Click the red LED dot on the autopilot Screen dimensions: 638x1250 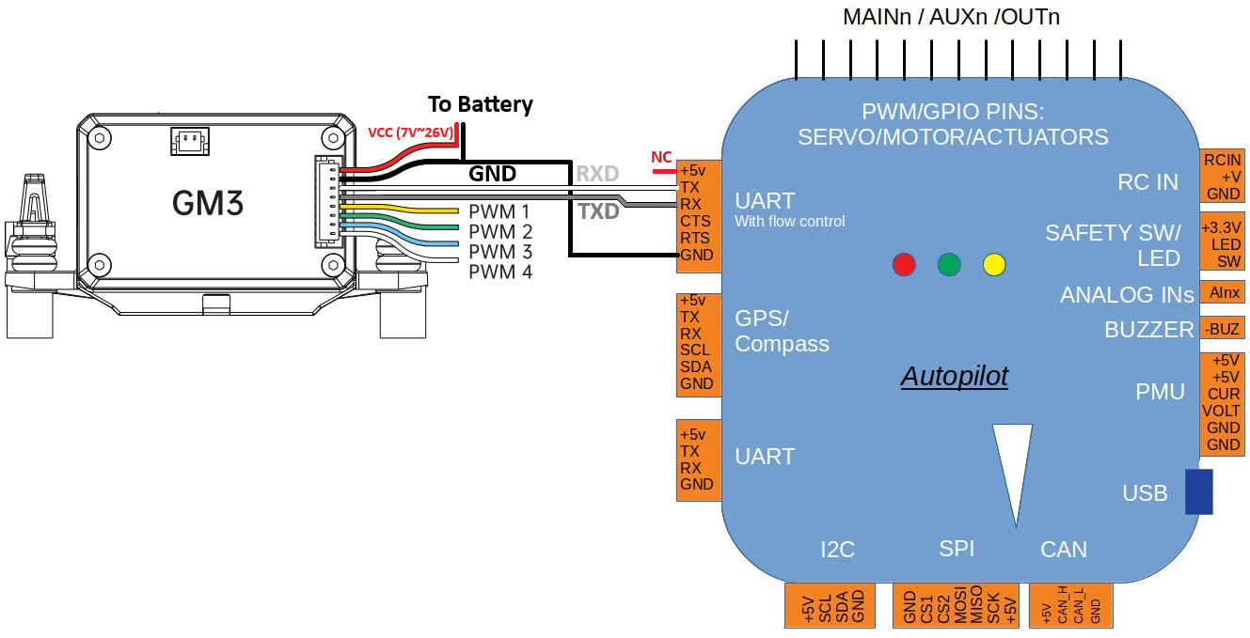[x=904, y=265]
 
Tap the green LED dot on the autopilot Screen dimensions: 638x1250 [x=949, y=265]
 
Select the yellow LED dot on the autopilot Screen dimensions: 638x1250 [x=994, y=265]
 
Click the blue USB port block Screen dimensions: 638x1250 [x=1197, y=491]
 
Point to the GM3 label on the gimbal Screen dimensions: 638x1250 [x=207, y=204]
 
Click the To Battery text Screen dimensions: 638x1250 [x=480, y=104]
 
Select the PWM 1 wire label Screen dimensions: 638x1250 [x=499, y=211]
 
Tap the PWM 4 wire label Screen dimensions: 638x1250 [x=499, y=272]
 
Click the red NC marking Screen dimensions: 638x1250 [x=661, y=157]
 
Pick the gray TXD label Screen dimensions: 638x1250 [x=598, y=211]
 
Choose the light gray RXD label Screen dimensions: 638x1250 [x=597, y=174]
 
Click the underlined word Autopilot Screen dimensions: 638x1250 [x=954, y=377]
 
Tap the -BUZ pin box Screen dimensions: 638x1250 [x=1222, y=329]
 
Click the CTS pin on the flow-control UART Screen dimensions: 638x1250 [x=696, y=221]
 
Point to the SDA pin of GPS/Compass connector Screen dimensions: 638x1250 [x=696, y=366]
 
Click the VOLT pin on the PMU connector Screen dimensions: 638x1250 [x=1223, y=411]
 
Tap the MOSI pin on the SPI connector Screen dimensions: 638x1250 [x=961, y=606]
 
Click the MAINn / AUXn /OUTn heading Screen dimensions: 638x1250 [x=951, y=18]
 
